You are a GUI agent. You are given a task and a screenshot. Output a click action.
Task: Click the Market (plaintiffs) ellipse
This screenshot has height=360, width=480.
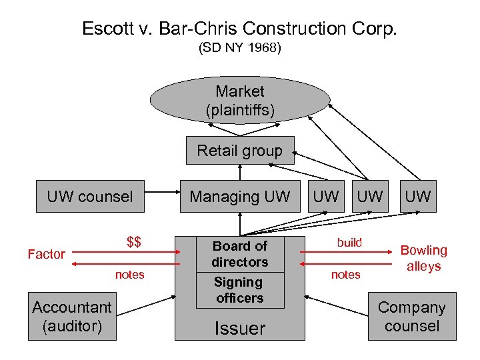click(x=240, y=101)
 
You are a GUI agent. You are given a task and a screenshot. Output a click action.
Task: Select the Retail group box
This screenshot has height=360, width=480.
click(x=239, y=151)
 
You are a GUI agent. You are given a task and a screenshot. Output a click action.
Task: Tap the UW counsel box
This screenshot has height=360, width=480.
click(x=90, y=197)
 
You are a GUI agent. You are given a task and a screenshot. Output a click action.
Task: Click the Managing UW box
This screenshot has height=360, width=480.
click(x=240, y=197)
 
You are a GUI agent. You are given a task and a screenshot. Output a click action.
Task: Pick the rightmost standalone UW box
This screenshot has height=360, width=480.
click(x=418, y=197)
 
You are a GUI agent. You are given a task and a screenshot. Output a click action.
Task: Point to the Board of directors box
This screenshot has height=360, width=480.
click(x=240, y=254)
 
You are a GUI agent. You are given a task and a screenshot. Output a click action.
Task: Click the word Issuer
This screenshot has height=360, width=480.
click(x=239, y=328)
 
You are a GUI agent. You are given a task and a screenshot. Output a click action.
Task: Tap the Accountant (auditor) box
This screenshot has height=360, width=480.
click(x=72, y=317)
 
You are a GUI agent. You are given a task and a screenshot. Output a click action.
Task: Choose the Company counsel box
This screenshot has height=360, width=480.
click(x=411, y=317)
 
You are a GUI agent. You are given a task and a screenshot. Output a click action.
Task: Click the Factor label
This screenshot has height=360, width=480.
click(x=47, y=254)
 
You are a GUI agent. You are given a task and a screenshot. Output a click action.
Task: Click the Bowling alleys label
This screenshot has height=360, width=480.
click(x=423, y=258)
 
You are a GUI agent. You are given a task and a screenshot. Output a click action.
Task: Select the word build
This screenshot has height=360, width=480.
click(x=349, y=243)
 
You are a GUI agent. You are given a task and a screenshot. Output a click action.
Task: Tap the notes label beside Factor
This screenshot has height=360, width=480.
click(x=129, y=275)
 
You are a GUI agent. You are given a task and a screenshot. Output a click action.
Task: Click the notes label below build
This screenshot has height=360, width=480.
click(x=345, y=275)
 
